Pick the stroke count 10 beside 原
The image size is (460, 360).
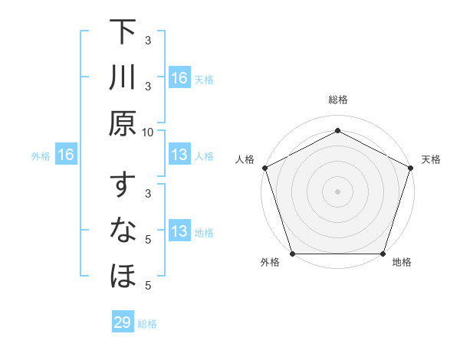[x=148, y=132]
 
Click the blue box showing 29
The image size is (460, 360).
[x=123, y=322]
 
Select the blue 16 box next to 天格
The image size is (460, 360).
[x=179, y=77]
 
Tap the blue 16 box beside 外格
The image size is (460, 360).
[x=65, y=155]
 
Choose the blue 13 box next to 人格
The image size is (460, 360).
[x=179, y=155]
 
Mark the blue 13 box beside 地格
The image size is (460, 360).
[x=179, y=231]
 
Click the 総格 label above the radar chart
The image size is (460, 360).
[x=337, y=100]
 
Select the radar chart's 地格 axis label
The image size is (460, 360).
[x=402, y=263]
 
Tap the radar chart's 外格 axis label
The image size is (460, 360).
[x=270, y=263]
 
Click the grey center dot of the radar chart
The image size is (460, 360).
[x=337, y=191]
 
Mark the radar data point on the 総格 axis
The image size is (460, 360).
[x=337, y=130]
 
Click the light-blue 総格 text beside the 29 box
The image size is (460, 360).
[x=147, y=324]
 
